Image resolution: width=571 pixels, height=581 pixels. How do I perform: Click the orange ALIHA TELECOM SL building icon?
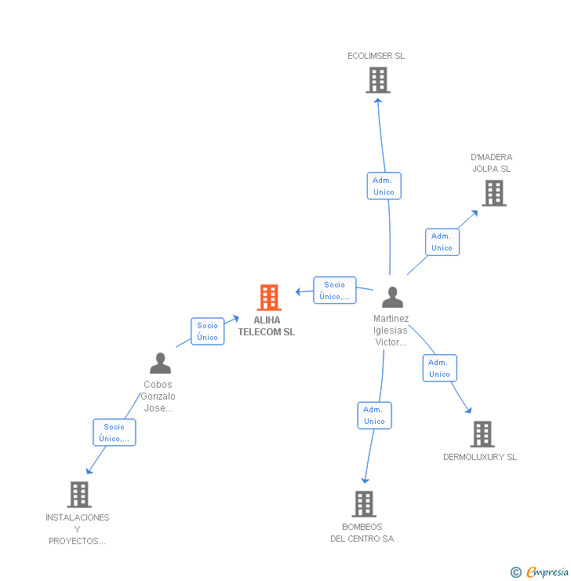tap(269, 298)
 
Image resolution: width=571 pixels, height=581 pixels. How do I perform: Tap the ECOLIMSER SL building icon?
tap(378, 80)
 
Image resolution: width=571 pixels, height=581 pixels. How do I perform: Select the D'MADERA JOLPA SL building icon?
tap(493, 193)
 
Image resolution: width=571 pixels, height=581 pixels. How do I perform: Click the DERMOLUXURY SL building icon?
tap(482, 434)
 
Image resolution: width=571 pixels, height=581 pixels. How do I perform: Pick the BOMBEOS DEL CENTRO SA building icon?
tap(363, 504)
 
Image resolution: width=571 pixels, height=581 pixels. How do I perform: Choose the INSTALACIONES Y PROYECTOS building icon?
tap(78, 495)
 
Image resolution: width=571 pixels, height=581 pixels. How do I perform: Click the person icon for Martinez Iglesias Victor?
tap(392, 298)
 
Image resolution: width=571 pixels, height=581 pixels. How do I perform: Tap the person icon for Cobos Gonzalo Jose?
tap(160, 364)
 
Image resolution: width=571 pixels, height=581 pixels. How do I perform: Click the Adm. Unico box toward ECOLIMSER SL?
tap(384, 186)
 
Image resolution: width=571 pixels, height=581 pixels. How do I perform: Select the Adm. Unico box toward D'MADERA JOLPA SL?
tap(442, 242)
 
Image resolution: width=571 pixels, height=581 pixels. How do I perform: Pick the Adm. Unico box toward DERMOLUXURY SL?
tap(439, 368)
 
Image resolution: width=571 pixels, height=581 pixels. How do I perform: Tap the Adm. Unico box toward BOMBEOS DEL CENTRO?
tap(374, 415)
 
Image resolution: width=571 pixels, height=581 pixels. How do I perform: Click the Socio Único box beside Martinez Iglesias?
tap(335, 290)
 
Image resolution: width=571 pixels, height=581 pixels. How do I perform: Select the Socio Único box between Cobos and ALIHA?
tap(208, 331)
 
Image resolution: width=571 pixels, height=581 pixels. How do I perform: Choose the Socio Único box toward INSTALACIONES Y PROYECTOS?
tap(115, 433)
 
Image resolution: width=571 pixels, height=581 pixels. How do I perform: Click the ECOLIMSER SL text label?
tap(376, 56)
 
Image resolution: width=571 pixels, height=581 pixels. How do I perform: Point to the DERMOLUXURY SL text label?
tap(480, 457)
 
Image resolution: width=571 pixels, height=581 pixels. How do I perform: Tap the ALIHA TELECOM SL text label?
tap(267, 326)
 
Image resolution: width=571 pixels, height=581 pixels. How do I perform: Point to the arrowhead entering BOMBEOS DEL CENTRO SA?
tap(365, 481)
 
